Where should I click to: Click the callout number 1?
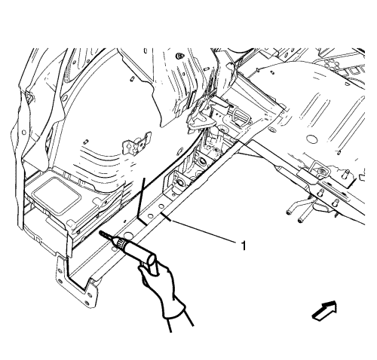[x=243, y=246]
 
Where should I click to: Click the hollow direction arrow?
[x=324, y=310]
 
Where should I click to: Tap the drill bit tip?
[x=100, y=232]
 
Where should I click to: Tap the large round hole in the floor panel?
[x=311, y=139]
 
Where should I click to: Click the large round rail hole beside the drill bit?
[x=128, y=236]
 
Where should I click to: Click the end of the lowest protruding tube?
[x=300, y=221]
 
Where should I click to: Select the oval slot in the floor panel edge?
[x=271, y=130]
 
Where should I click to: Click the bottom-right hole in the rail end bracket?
[x=87, y=303]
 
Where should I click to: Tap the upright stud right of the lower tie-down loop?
[x=346, y=174]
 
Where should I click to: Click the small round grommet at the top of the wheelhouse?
[x=179, y=56]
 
